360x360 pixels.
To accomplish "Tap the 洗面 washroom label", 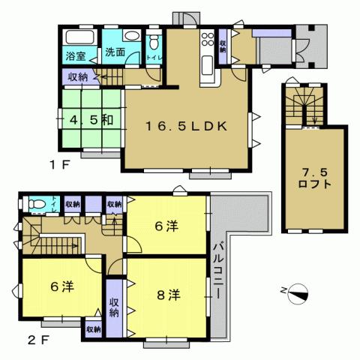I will [x=114, y=52].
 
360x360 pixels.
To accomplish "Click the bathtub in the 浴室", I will [x=78, y=37].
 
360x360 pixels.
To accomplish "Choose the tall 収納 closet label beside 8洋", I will [x=114, y=307].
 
